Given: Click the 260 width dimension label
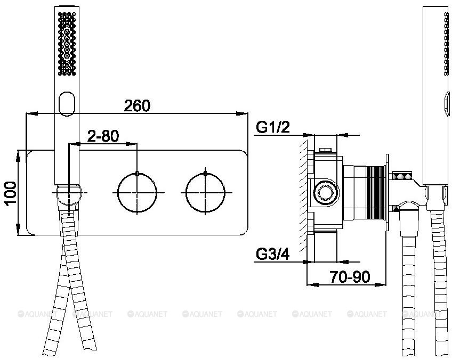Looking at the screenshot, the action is [137, 105].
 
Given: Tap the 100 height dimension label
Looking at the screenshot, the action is [11, 193].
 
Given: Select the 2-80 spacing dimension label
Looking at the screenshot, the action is [103, 136].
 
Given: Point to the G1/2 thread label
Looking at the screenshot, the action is [273, 128].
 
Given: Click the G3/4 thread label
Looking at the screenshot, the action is [273, 255].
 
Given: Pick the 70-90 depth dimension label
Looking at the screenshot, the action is [350, 277].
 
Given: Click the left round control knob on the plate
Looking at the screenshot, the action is [138, 192].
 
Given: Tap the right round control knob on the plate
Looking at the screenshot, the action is [205, 192].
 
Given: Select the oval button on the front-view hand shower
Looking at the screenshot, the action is [67, 104].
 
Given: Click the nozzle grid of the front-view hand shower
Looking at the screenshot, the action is [67, 44].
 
